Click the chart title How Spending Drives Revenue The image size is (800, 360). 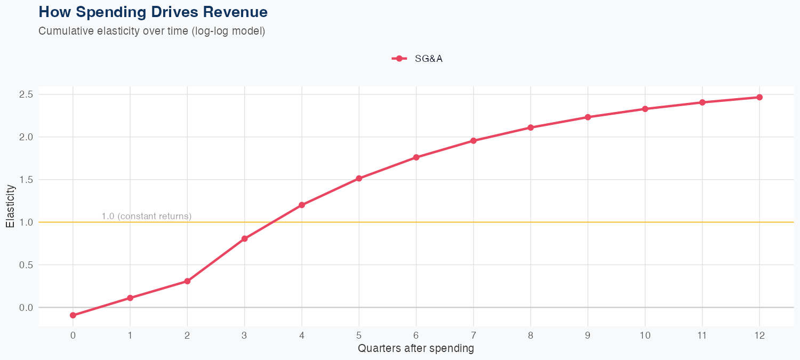[153, 12]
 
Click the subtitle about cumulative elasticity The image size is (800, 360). [151, 31]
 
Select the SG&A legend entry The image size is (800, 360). [418, 59]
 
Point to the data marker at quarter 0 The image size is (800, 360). [73, 315]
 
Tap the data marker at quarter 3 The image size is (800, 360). [244, 238]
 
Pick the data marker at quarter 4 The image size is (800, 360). [302, 205]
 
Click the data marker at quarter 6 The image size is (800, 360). [416, 157]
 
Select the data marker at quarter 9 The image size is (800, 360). [588, 117]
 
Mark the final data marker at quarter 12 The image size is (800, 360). [759, 97]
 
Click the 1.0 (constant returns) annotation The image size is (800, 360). [146, 216]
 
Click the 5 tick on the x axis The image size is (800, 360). [359, 335]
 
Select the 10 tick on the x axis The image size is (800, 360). [645, 335]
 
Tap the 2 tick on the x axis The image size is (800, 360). [187, 335]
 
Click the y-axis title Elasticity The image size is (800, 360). [10, 210]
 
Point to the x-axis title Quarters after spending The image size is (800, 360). [415, 349]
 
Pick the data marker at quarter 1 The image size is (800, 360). [130, 298]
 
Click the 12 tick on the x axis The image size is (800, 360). [759, 335]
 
